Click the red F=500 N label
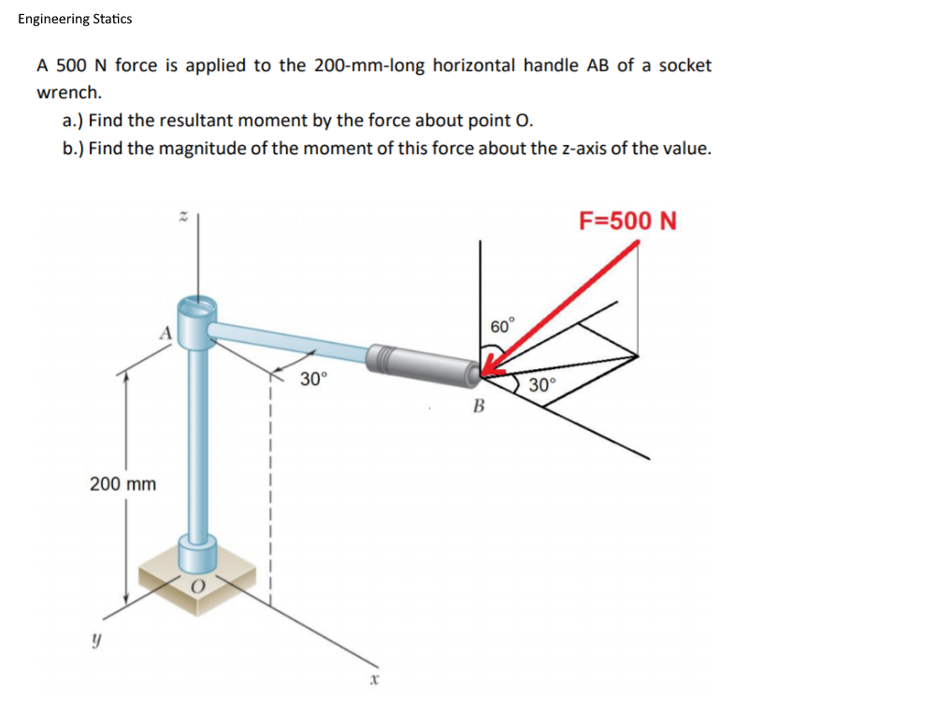pyautogui.click(x=627, y=222)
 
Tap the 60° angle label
pyautogui.click(x=502, y=326)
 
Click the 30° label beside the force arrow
pyautogui.click(x=541, y=385)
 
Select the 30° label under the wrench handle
pyautogui.click(x=313, y=379)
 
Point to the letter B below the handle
pyautogui.click(x=478, y=407)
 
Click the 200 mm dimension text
pyautogui.click(x=122, y=484)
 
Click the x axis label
pyautogui.click(x=372, y=681)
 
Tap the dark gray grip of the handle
pyautogui.click(x=424, y=363)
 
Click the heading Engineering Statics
pyautogui.click(x=75, y=19)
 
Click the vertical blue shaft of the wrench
pyautogui.click(x=196, y=439)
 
